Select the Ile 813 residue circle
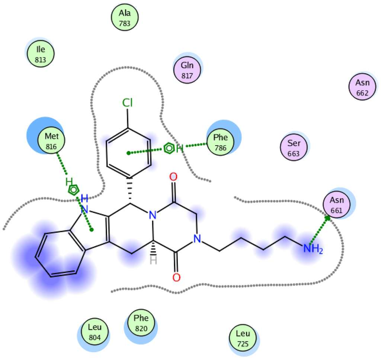(40, 53)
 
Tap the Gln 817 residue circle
(187, 69)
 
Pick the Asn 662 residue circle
(362, 87)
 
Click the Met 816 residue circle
(51, 141)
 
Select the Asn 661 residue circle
(336, 205)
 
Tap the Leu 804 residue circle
(95, 332)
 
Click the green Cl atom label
(128, 103)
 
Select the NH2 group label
(312, 249)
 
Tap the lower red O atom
(176, 277)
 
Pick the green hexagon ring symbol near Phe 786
(169, 149)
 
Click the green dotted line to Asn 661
(319, 230)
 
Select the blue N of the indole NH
(85, 210)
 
